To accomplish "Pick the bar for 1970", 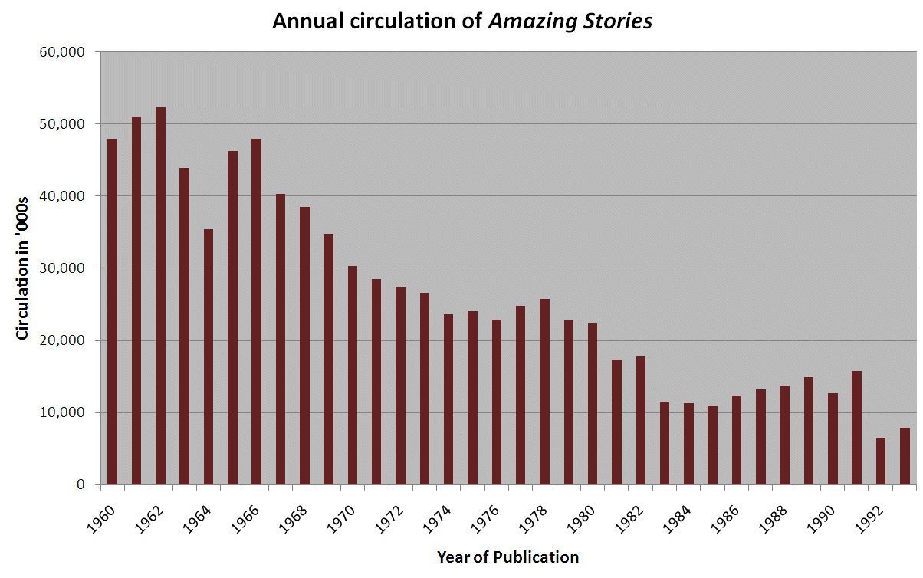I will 353,376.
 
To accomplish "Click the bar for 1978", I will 545,392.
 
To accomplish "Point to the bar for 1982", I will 641,421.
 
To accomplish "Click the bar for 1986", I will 737,440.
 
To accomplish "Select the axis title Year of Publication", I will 507,557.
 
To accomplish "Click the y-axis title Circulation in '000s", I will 22,268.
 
